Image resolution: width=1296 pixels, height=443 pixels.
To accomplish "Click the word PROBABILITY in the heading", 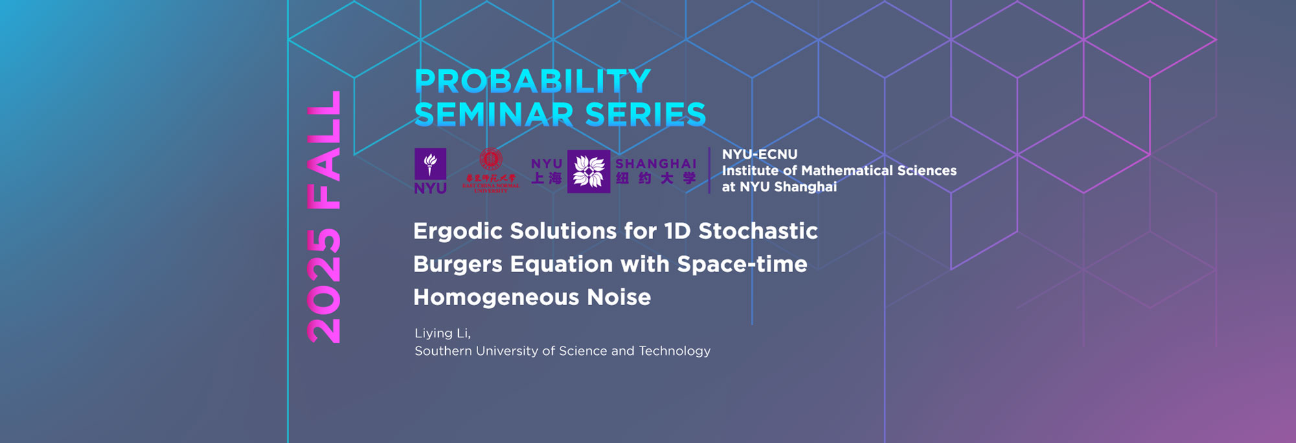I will pyautogui.click(x=533, y=82).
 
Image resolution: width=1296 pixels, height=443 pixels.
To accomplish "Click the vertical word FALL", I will pyautogui.click(x=324, y=150).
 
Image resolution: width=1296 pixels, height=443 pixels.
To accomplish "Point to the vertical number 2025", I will pyautogui.click(x=324, y=286).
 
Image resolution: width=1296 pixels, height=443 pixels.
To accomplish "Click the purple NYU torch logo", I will pyautogui.click(x=430, y=165).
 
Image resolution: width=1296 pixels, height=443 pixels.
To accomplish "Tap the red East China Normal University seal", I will pyautogui.click(x=491, y=159).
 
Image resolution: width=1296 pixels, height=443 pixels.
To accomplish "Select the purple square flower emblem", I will pyautogui.click(x=588, y=172).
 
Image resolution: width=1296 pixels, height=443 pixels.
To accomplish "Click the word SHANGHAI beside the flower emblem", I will pyautogui.click(x=656, y=164).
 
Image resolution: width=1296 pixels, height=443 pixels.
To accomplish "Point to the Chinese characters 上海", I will pyautogui.click(x=546, y=178).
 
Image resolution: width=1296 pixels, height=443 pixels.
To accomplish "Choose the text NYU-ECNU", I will pyautogui.click(x=759, y=154).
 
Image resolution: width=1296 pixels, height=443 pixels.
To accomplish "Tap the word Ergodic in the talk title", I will pyautogui.click(x=457, y=231).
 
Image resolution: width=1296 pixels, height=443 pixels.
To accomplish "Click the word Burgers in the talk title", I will pyautogui.click(x=457, y=264).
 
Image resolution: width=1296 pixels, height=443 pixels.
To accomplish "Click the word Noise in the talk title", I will pyautogui.click(x=619, y=297).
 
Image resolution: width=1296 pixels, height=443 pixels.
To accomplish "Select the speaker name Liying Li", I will pyautogui.click(x=443, y=334).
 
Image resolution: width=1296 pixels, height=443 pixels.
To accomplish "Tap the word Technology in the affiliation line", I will pyautogui.click(x=675, y=351).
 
